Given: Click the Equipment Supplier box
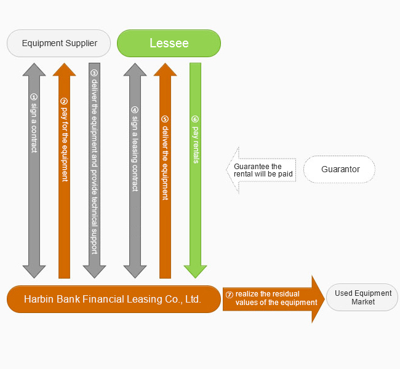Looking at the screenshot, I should pyautogui.click(x=58, y=43).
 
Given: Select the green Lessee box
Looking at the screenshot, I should pyautogui.click(x=169, y=43).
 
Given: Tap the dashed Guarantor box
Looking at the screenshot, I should pyautogui.click(x=340, y=169).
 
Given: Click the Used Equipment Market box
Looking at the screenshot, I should pyautogui.click(x=362, y=298).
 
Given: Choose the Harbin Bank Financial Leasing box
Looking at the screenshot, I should pyautogui.click(x=113, y=300).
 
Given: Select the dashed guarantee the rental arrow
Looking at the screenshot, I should pyautogui.click(x=262, y=170).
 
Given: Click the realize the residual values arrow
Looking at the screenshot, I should pyautogui.click(x=274, y=298).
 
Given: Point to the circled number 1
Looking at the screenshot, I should pyautogui.click(x=34, y=97).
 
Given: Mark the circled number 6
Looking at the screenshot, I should pyautogui.click(x=195, y=119).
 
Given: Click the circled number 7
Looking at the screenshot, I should pyautogui.click(x=230, y=294).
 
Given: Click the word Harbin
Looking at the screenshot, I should pyautogui.click(x=40, y=300).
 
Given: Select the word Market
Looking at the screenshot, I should pyautogui.click(x=363, y=303).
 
